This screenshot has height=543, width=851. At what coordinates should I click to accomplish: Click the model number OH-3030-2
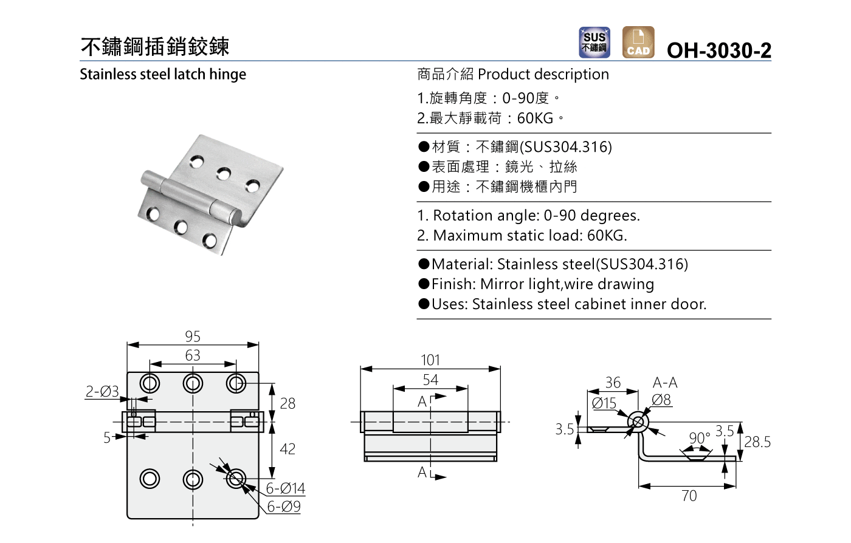coord(718,50)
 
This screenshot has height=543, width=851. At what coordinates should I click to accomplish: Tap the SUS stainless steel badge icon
coord(594,43)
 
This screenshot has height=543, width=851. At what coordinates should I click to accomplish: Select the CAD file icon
coord(638,43)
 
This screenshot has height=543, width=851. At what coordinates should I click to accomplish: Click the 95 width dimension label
coord(193,336)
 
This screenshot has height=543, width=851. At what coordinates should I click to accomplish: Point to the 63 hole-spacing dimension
coord(193,355)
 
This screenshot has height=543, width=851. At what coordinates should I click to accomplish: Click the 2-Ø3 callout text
coord(102,392)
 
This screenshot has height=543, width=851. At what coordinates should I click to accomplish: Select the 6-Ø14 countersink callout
coord(285,488)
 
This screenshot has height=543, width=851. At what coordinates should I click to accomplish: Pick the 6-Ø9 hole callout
coord(284,507)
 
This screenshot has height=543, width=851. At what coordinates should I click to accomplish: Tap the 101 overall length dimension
coord(430,360)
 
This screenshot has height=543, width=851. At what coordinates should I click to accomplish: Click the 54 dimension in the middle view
coord(430,380)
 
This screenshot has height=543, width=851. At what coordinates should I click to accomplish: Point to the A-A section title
coord(665,383)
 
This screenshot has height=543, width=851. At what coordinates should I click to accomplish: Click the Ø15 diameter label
coord(604,403)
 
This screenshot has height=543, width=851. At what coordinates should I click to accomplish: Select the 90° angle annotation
coord(700,438)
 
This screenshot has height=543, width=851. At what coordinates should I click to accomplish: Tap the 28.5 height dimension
coord(757,442)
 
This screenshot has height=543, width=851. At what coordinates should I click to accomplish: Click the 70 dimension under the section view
coord(689,496)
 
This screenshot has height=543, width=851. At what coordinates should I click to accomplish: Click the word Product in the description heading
coord(504,74)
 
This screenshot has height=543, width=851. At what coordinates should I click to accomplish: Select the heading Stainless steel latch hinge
coord(163,74)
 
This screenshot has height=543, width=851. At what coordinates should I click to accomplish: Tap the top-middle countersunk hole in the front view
coord(193,383)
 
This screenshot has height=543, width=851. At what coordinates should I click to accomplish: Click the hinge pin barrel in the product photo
coord(188,194)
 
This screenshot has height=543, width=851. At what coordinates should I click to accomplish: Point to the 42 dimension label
coord(288,449)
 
